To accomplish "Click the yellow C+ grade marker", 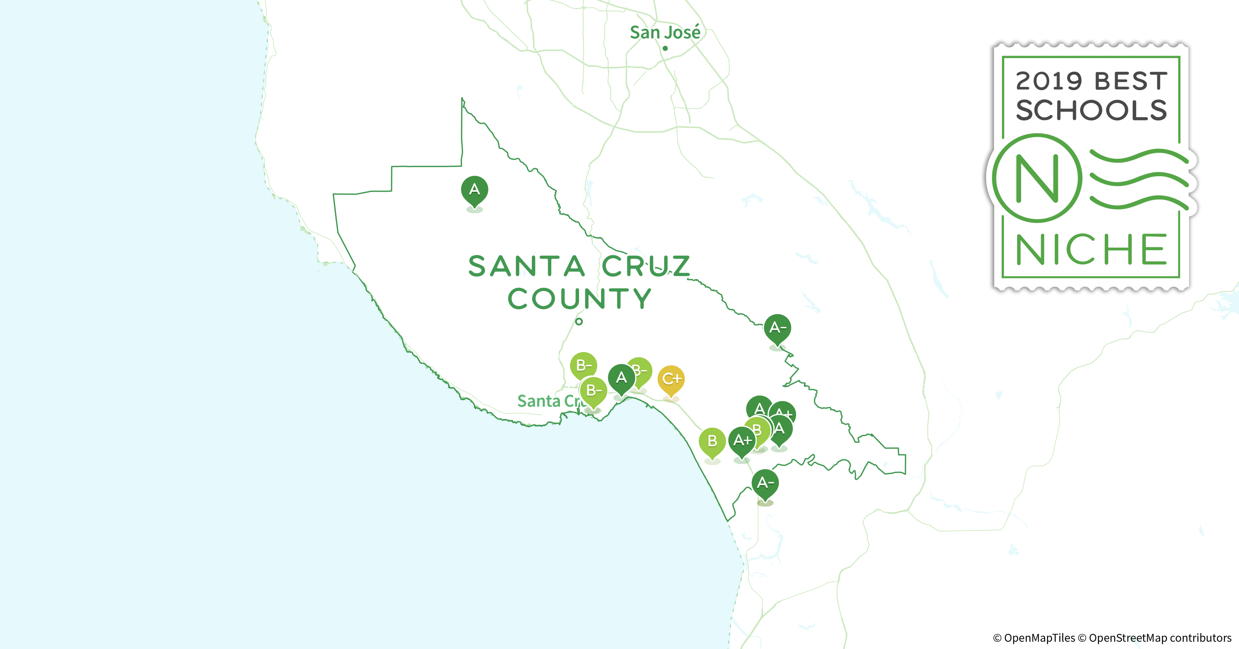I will pos(671,379).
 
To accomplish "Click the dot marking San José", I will pos(665,48).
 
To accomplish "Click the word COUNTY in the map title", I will pos(580,299).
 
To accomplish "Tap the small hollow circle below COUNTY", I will pos(579,321).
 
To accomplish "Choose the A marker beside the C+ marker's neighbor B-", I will pos(621,378).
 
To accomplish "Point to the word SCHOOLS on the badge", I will pos(1091,111).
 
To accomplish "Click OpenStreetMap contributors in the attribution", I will pos(1159,638).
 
